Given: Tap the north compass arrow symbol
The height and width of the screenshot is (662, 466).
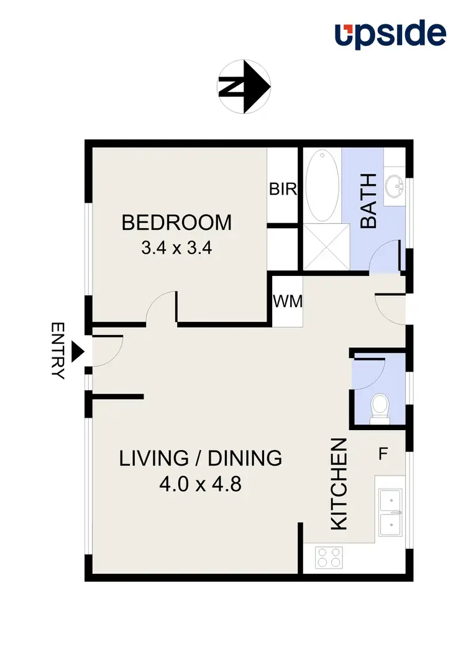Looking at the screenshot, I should pos(244,86).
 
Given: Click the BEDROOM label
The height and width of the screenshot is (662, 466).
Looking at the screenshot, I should pos(176,223).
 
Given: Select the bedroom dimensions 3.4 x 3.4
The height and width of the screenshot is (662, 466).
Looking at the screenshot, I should pos(177,249).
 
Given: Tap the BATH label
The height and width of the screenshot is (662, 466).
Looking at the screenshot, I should pos(369,201).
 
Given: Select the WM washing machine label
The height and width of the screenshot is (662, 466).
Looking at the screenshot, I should pos(288,302).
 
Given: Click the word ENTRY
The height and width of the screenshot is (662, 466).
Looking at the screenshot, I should pos(58,351).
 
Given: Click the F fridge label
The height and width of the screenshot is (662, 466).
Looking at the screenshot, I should pos(383,454).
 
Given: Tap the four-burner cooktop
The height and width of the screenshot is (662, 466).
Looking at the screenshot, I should pos(329,557).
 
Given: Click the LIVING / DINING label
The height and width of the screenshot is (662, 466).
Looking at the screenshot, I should pos(201,459).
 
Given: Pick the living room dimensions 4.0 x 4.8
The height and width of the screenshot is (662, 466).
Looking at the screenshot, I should pos(200,484).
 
